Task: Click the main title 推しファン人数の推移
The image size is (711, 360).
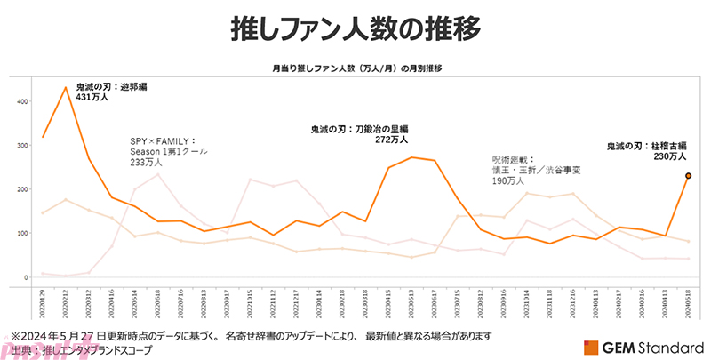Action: tap(355, 28)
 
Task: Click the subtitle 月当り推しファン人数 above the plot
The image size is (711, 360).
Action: tap(356, 68)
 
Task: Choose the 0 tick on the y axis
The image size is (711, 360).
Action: tap(27, 276)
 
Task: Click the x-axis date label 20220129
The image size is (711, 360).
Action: tap(43, 302)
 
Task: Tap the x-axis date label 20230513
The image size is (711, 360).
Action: tap(412, 302)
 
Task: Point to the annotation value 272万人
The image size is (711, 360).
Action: tap(391, 140)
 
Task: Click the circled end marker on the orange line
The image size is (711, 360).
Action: tap(689, 176)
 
